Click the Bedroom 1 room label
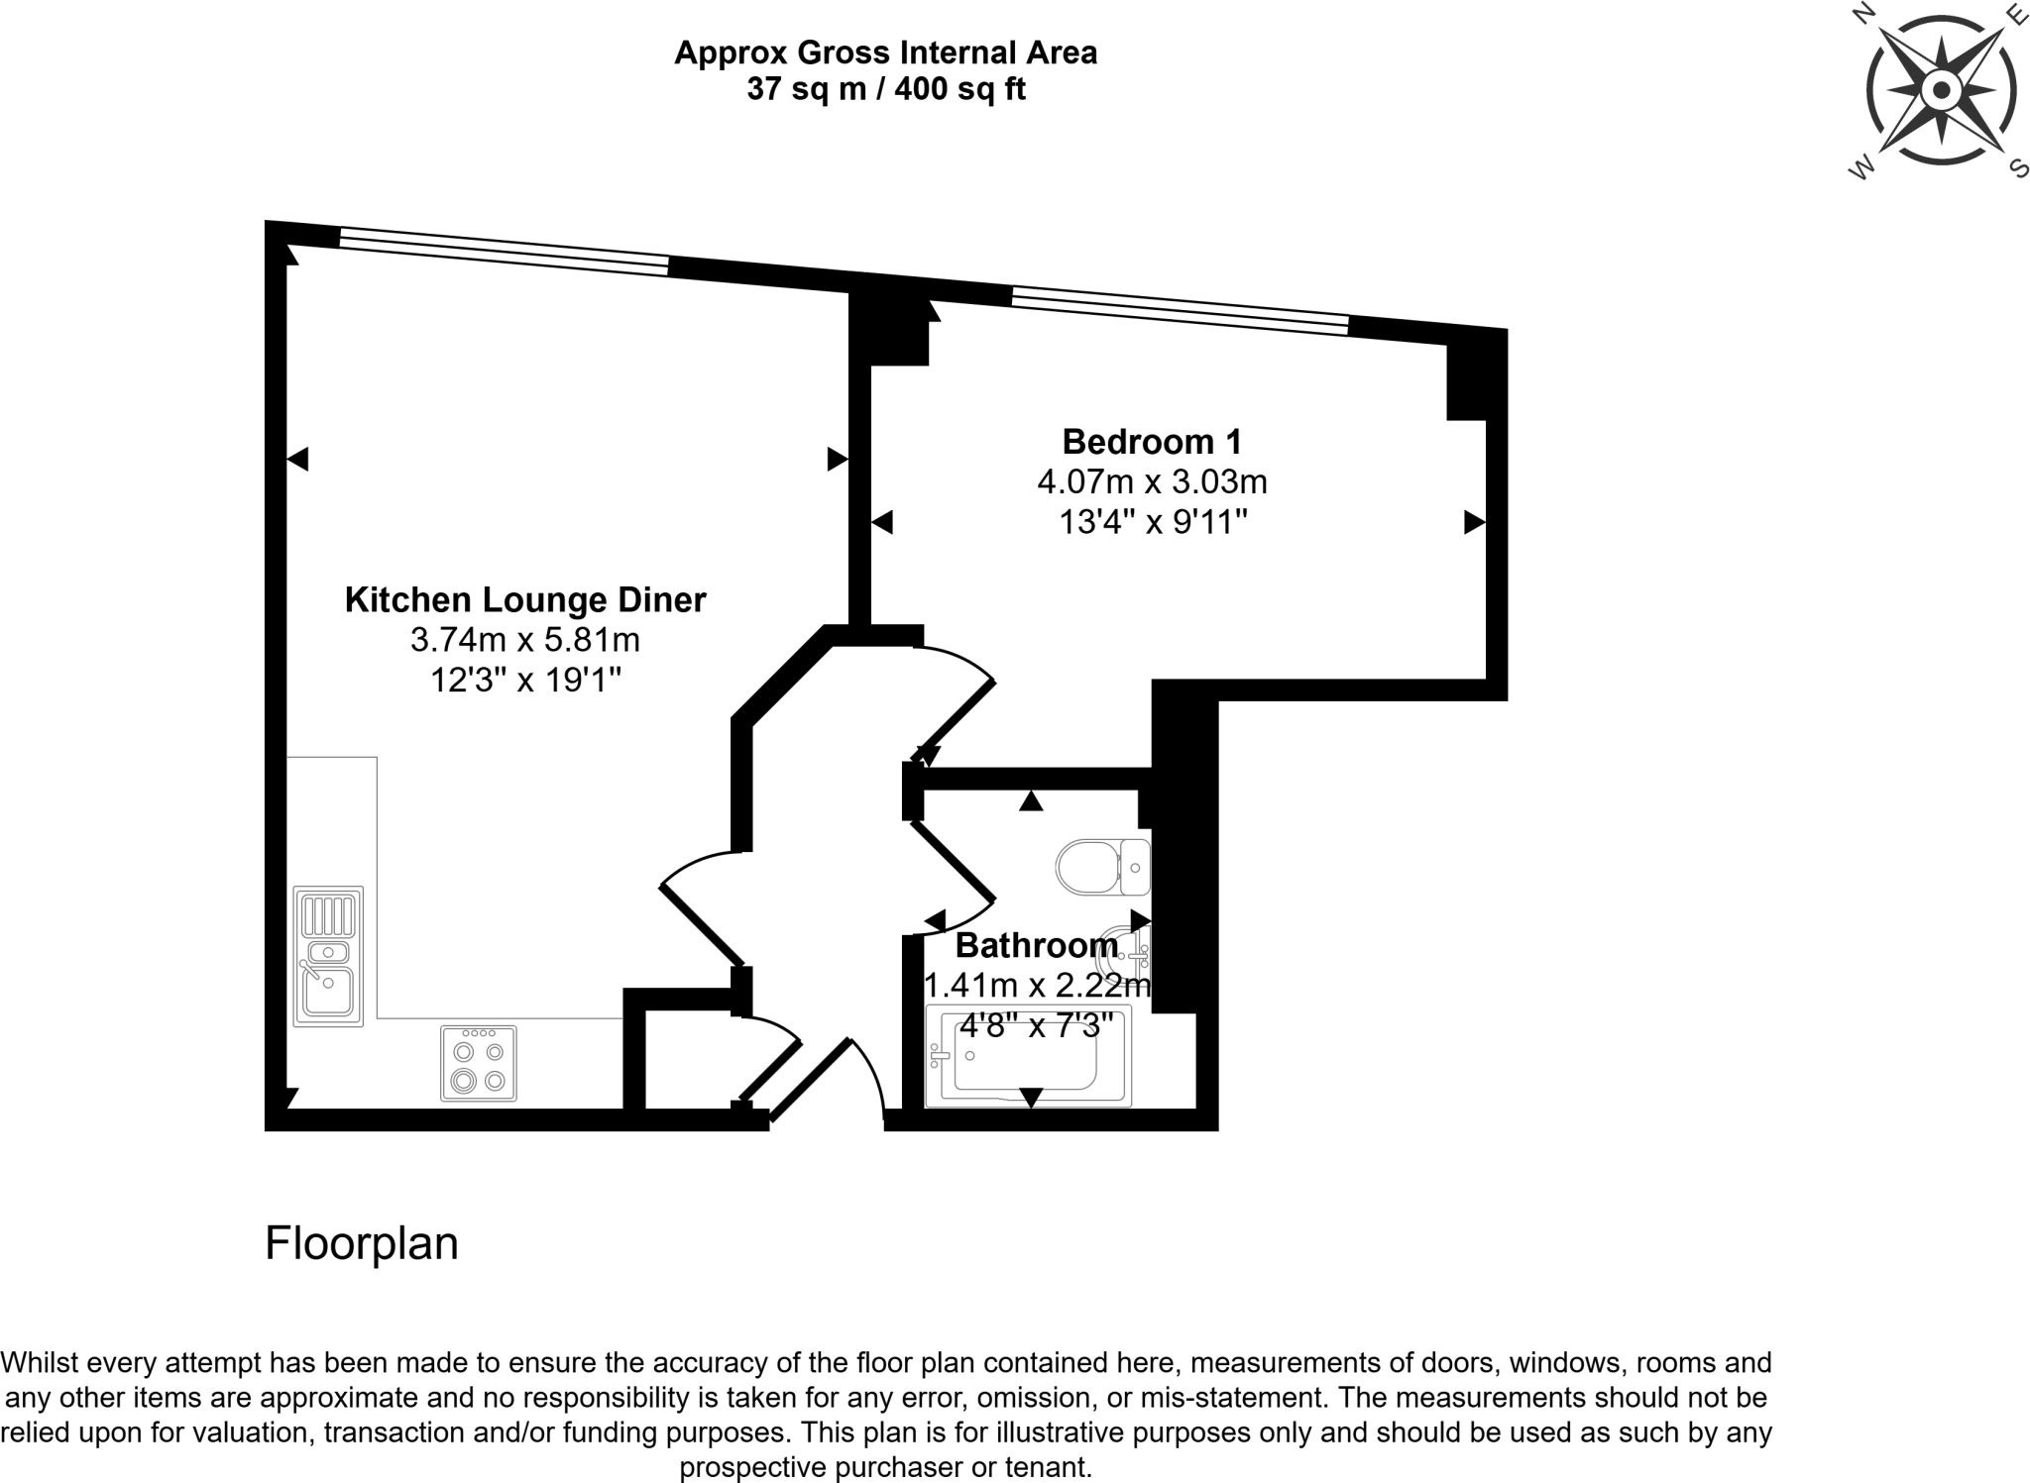point(1151,441)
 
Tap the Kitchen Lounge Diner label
point(524,599)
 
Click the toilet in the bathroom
point(1100,867)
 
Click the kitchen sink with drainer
point(328,956)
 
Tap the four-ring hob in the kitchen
point(479,1064)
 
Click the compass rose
point(1941,91)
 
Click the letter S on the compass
point(2018,167)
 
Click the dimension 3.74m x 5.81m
point(524,640)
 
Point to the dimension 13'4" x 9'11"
point(1152,521)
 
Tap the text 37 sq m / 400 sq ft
point(885,89)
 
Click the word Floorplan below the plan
point(361,1243)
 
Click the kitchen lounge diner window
point(504,252)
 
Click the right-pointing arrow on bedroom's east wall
point(1474,522)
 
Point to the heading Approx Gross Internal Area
point(885,52)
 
